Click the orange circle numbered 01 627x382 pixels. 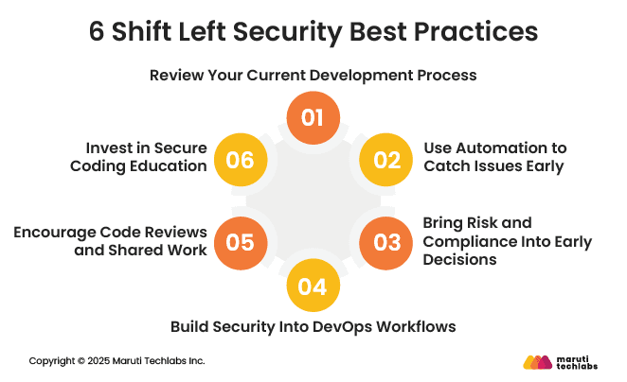(x=313, y=118)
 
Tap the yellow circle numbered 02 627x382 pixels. (x=387, y=159)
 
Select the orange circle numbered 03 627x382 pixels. (x=387, y=241)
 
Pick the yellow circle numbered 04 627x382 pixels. (x=313, y=284)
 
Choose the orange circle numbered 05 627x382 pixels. (x=241, y=241)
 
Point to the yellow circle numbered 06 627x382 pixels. (x=241, y=159)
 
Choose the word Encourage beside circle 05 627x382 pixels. (x=62, y=233)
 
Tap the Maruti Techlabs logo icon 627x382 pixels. (x=537, y=361)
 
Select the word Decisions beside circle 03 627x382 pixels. (x=461, y=260)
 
